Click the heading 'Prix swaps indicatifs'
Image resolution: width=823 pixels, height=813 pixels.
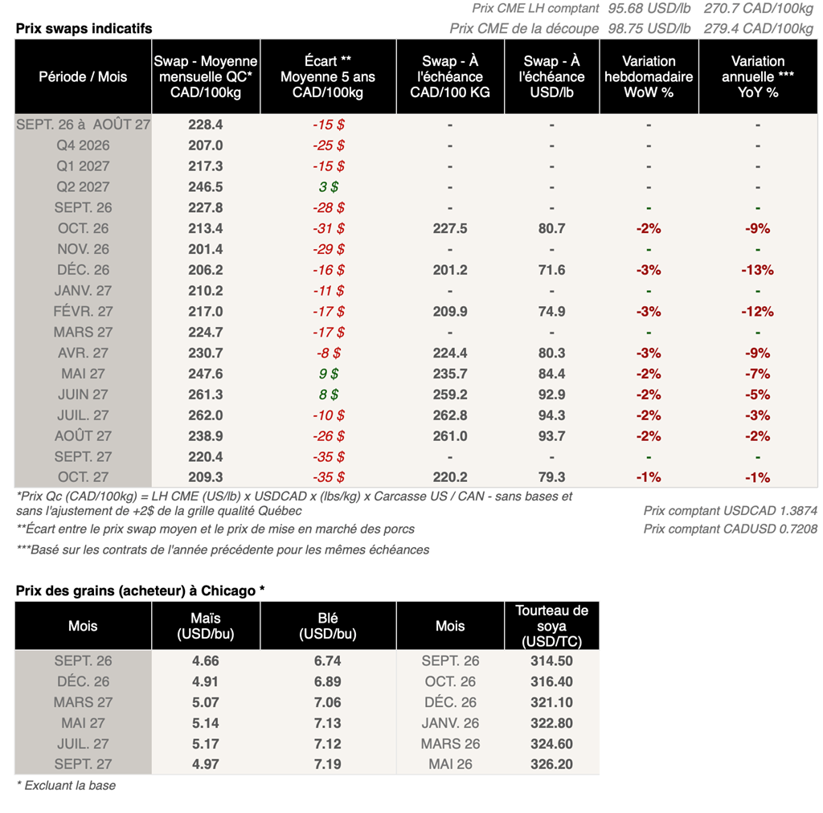click(84, 28)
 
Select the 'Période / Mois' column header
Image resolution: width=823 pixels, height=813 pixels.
click(83, 76)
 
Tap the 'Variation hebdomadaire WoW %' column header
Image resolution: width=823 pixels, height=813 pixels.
click(649, 76)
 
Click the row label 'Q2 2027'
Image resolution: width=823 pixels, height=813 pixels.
click(83, 186)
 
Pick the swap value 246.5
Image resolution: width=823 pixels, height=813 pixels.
click(205, 186)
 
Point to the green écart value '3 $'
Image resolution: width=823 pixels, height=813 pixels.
click(329, 186)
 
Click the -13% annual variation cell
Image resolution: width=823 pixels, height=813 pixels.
click(757, 270)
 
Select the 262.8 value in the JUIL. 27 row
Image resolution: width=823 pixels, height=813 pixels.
click(450, 415)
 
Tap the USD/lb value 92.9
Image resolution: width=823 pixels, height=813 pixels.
click(551, 394)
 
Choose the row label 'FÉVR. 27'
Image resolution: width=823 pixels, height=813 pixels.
click(83, 312)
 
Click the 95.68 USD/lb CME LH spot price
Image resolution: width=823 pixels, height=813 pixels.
click(649, 8)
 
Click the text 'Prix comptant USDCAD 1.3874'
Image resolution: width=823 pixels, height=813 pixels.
click(730, 511)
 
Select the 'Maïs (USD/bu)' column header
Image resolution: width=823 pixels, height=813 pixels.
click(205, 626)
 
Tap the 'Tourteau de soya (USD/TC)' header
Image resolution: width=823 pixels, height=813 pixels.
click(551, 626)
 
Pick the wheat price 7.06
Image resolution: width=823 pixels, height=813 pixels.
click(328, 702)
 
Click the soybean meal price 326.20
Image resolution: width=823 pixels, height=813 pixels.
click(551, 764)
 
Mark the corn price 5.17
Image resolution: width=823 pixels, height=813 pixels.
click(205, 744)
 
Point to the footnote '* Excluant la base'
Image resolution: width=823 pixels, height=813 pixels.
click(66, 786)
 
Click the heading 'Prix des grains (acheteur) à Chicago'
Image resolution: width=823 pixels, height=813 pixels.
click(140, 590)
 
